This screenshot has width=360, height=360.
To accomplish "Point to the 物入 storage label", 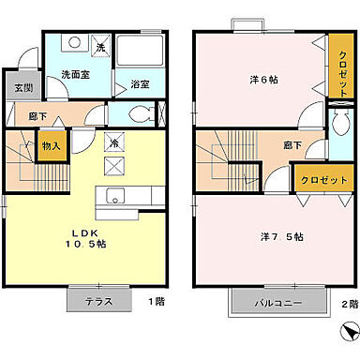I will tap(52, 145).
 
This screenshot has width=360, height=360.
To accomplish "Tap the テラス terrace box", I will tap(98, 303).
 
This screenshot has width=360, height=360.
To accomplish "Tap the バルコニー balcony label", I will tap(277, 303).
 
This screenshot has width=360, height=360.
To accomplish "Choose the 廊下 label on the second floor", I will tap(292, 145).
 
